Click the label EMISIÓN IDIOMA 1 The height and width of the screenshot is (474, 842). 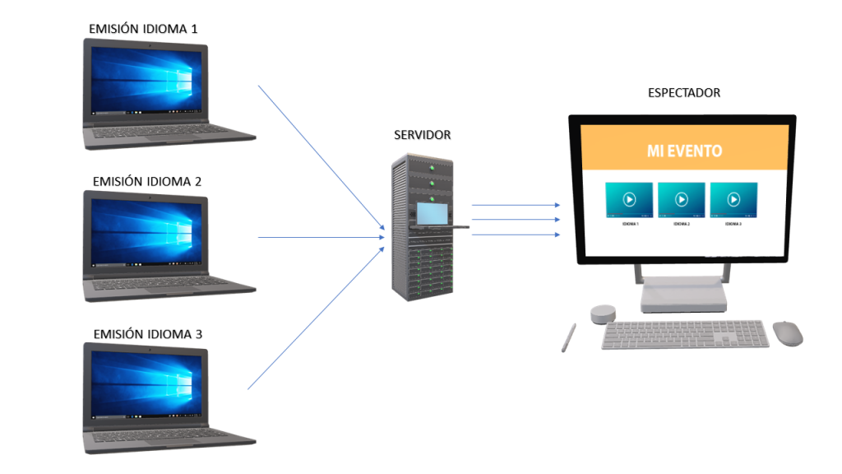tap(143, 30)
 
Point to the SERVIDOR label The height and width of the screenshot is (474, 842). tap(422, 135)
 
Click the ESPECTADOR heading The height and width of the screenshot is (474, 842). tap(684, 93)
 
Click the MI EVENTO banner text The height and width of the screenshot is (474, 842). tap(684, 151)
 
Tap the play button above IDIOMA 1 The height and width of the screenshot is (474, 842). tap(628, 199)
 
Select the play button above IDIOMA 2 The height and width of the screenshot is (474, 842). tap(682, 199)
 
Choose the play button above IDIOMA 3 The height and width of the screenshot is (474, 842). tap(733, 199)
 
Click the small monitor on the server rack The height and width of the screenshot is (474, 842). tap(432, 212)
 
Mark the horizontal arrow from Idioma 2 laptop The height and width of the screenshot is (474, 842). tap(321, 237)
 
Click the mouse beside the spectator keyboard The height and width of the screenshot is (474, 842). tap(787, 333)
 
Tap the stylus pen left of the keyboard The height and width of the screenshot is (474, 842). tap(568, 337)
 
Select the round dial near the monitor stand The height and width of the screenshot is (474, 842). tap(603, 314)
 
